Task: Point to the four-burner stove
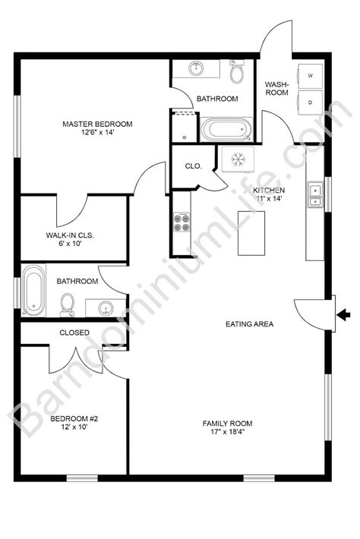click(182, 222)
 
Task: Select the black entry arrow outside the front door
click(342, 314)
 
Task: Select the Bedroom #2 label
click(70, 423)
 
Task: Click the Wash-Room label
click(275, 89)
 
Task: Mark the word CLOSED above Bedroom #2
click(74, 333)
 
